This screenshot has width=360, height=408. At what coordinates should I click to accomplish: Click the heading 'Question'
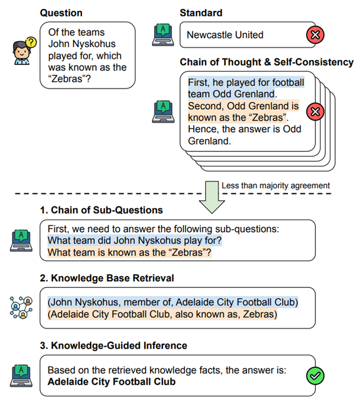pos(61,13)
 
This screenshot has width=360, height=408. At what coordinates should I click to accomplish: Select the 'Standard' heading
pos(201,13)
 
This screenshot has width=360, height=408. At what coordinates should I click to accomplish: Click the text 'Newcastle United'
pos(225,35)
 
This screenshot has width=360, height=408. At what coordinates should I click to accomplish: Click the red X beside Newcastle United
pos(315,36)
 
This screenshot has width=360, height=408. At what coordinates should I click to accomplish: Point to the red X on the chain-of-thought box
pos(315,112)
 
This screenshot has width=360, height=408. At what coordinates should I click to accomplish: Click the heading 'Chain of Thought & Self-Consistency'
pos(266,62)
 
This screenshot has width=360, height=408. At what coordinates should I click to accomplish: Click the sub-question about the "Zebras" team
pos(129,253)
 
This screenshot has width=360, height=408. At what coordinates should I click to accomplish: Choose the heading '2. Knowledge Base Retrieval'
pos(107,278)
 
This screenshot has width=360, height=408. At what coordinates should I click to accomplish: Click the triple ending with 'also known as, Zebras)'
pos(162,314)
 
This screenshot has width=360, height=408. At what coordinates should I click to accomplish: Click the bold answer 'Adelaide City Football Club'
pos(112,381)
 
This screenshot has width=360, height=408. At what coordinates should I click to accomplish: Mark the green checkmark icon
pos(315,376)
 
